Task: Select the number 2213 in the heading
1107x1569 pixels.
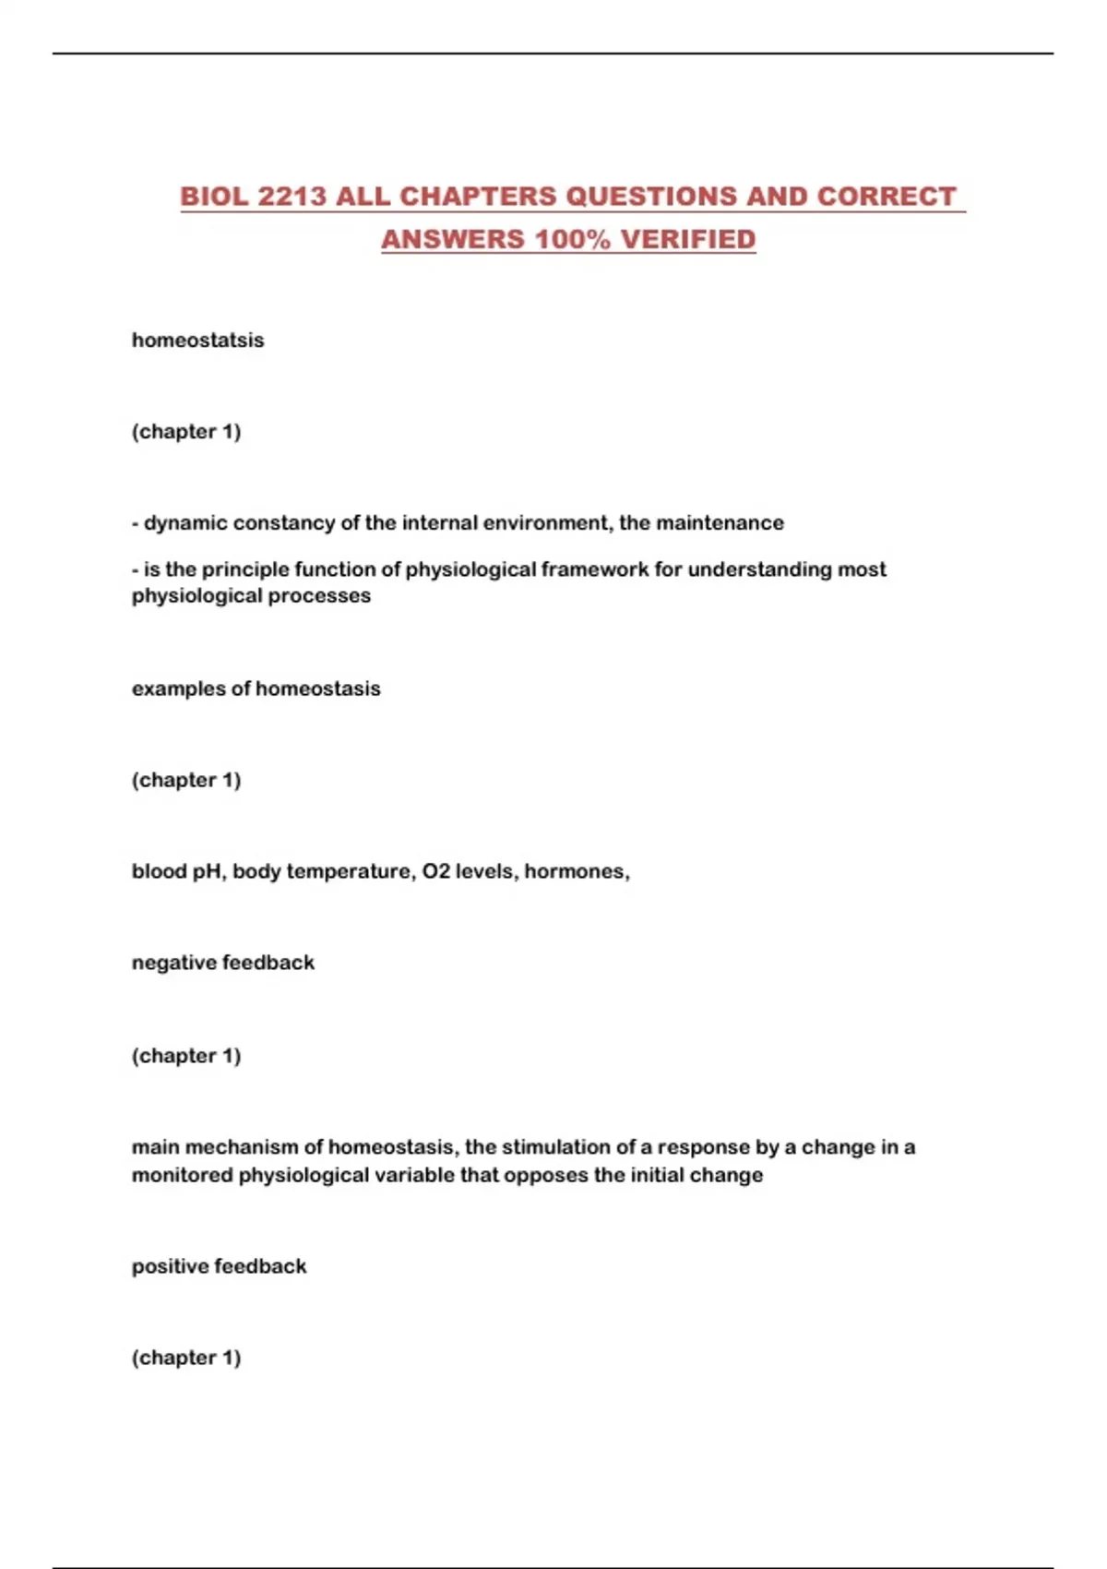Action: pyautogui.click(x=292, y=197)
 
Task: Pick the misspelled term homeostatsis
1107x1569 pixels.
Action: pyautogui.click(x=197, y=340)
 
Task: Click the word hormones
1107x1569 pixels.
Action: pyautogui.click(x=576, y=871)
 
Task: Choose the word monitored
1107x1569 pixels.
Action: pyautogui.click(x=182, y=1175)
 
